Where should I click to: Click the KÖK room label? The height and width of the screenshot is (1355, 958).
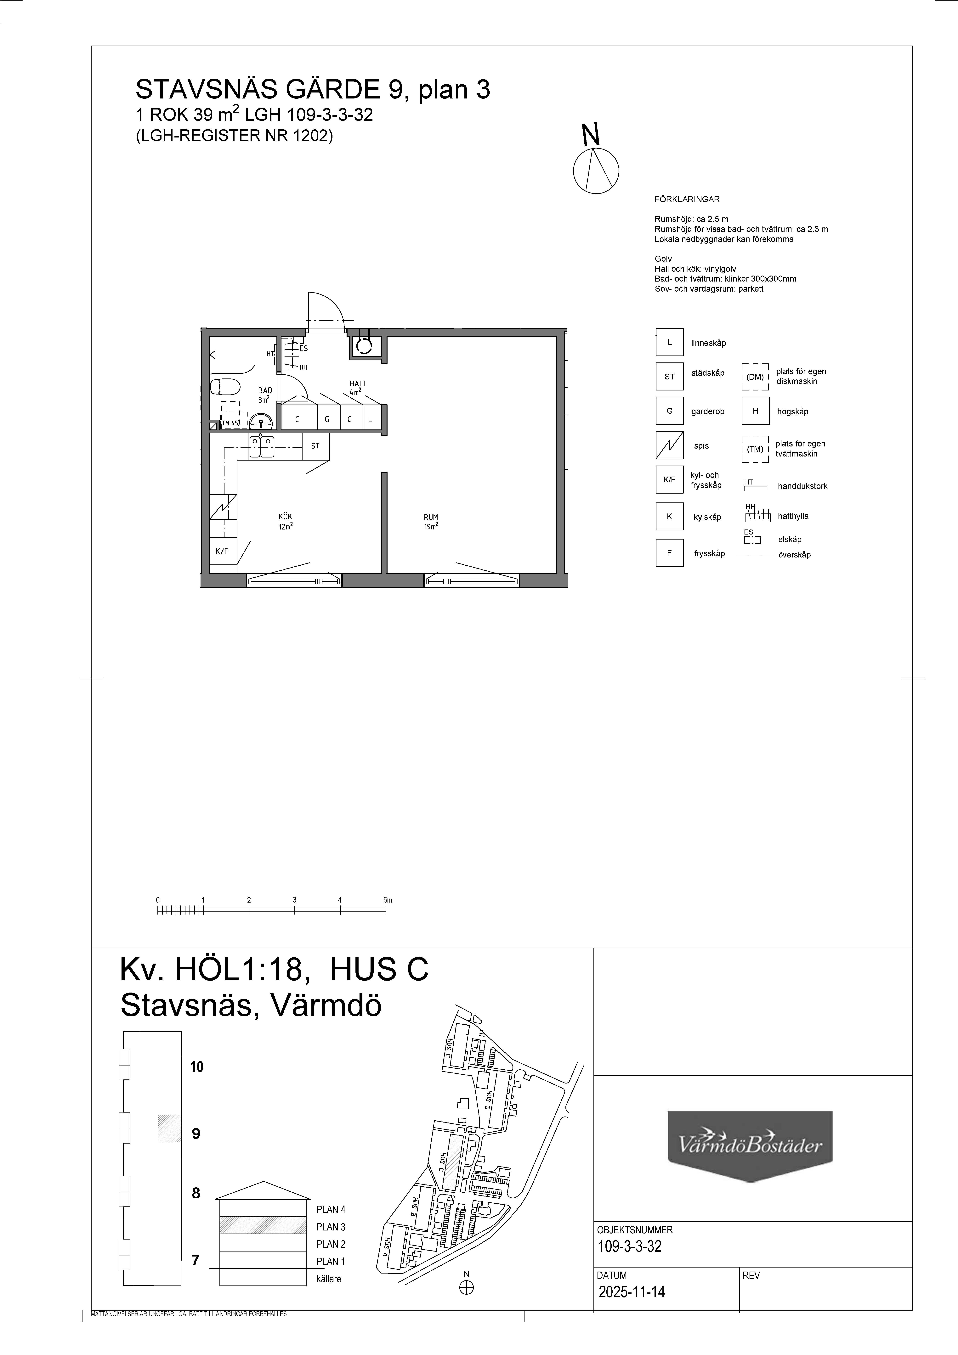click(x=286, y=517)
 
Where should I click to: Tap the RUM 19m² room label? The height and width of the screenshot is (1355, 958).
click(x=431, y=522)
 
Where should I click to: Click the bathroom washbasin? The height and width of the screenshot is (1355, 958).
click(x=260, y=421)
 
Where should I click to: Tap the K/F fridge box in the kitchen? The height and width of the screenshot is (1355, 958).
click(x=222, y=551)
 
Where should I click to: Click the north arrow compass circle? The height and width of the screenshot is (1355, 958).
click(x=596, y=171)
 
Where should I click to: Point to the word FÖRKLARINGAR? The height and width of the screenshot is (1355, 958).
click(x=687, y=199)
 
